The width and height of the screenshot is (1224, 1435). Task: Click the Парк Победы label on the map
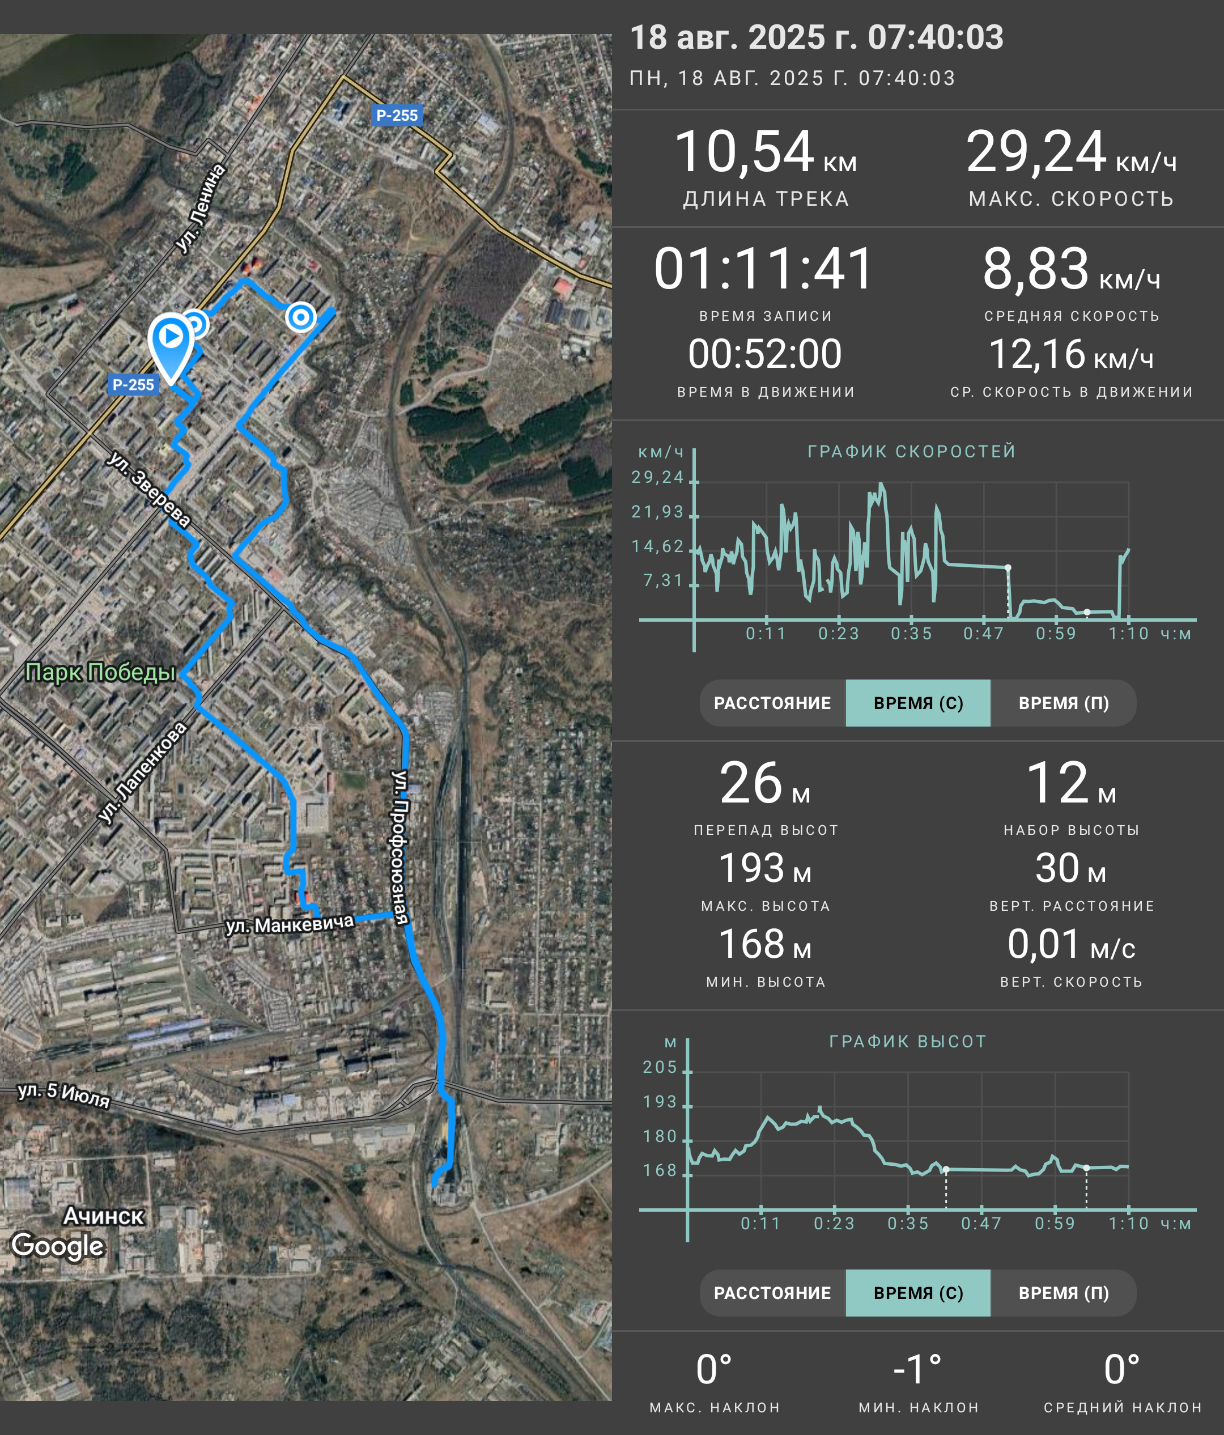tap(100, 672)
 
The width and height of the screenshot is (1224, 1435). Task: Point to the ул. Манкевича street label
tap(290, 923)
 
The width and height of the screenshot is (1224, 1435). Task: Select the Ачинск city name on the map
tap(103, 1216)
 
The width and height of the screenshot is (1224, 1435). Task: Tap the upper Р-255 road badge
tap(397, 115)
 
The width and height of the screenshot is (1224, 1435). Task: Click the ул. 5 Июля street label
tap(63, 1095)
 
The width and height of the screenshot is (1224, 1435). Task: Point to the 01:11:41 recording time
tap(764, 269)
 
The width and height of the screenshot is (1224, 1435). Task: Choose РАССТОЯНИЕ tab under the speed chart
tap(772, 703)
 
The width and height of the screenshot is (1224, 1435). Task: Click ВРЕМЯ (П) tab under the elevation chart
tap(1064, 1293)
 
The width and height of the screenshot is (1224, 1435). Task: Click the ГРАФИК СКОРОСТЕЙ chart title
tap(912, 452)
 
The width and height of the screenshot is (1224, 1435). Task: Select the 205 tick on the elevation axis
tap(660, 1067)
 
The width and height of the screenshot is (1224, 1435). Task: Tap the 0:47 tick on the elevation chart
tap(981, 1224)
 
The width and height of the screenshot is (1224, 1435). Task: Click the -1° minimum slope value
tap(917, 1370)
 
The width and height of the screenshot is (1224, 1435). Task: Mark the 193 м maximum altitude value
tap(765, 868)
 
